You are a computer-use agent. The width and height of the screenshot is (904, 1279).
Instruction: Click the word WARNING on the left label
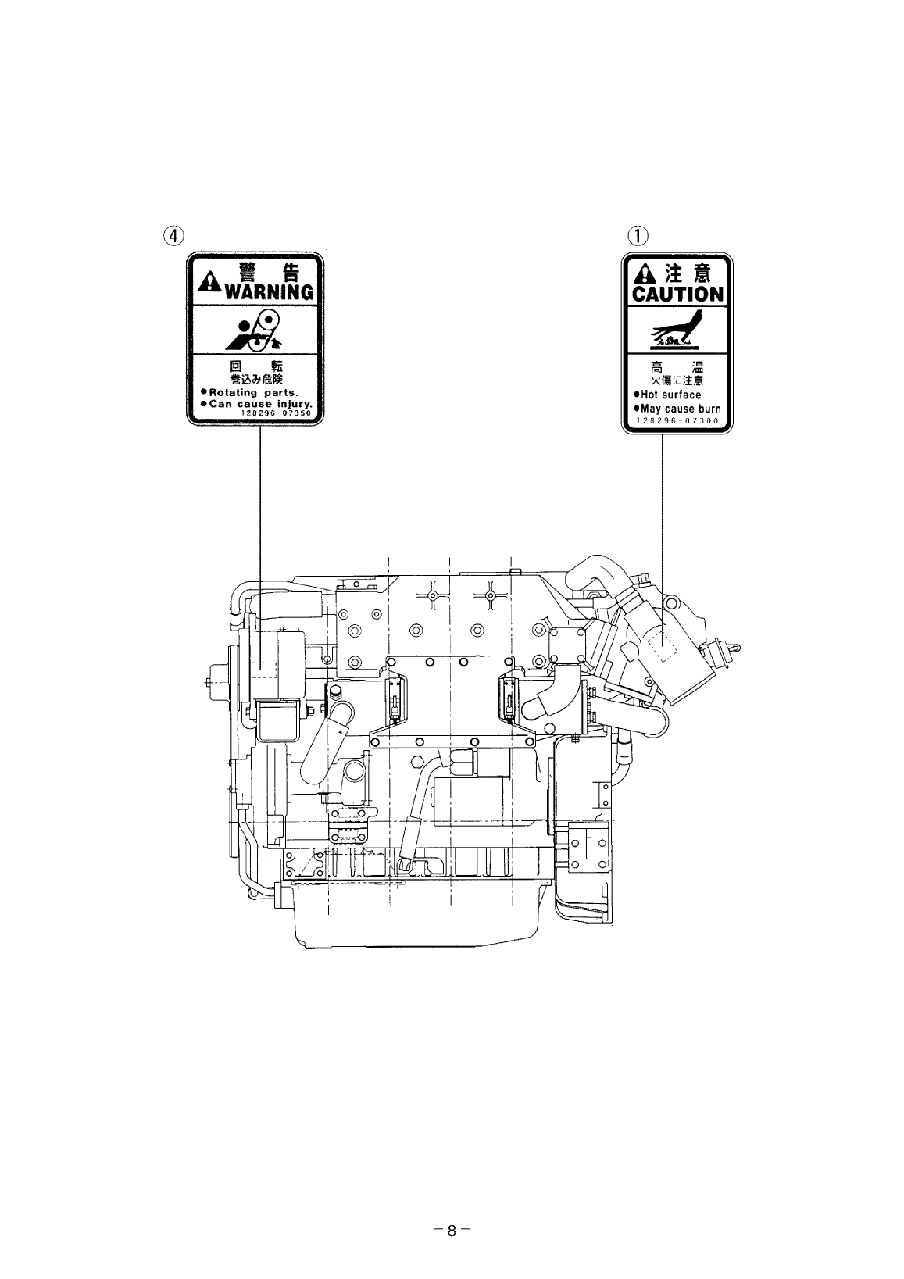pos(268,292)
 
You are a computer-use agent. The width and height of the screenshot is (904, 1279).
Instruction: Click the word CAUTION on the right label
pos(677,295)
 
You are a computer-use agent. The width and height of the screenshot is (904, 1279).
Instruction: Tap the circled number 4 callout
pos(174,234)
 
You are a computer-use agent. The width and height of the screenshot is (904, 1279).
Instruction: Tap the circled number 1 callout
pos(638,234)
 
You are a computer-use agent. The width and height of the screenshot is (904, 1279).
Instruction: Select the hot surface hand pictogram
pos(677,330)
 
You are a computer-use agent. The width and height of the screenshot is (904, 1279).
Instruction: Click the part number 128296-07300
pos(677,420)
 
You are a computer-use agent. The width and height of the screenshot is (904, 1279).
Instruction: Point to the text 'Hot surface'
pos(668,395)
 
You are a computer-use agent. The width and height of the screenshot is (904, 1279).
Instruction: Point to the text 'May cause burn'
pos(677,409)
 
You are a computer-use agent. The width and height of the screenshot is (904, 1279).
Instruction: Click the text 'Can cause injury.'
pos(256,403)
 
